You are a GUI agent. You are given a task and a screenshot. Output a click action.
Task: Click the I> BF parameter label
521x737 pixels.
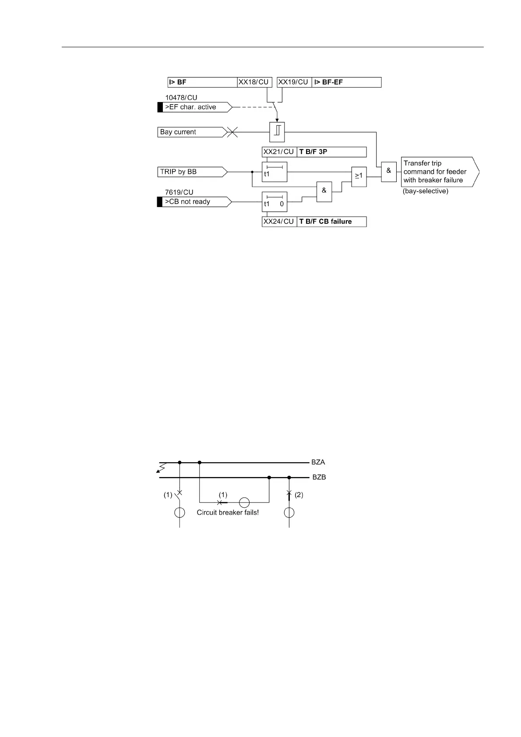[x=202, y=82]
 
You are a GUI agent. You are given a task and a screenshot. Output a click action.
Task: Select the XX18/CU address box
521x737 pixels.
[x=254, y=82]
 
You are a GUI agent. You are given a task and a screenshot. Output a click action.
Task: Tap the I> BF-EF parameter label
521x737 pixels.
[x=346, y=82]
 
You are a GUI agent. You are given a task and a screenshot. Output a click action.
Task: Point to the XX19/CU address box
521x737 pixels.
[x=294, y=82]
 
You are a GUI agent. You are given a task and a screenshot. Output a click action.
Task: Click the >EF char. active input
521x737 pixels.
[x=194, y=107]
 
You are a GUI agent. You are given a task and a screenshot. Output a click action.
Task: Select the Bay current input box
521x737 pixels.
[x=191, y=132]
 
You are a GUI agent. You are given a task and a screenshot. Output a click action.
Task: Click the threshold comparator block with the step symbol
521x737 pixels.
[x=277, y=132]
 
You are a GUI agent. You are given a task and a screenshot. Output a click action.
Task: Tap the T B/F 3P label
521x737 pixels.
[x=331, y=152]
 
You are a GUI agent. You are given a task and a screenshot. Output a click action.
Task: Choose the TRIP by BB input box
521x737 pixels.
[x=191, y=172]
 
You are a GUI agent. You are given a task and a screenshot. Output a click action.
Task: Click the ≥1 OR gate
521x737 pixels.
[x=359, y=176]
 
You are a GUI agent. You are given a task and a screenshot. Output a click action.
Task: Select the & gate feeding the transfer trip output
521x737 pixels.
[x=389, y=171]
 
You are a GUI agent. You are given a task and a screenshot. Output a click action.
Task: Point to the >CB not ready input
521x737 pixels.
[x=194, y=202]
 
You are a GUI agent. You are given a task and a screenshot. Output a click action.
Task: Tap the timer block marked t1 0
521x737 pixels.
[x=275, y=202]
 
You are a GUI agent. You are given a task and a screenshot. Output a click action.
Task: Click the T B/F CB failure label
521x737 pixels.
[x=331, y=221]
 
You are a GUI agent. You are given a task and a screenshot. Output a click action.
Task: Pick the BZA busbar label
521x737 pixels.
[x=318, y=462]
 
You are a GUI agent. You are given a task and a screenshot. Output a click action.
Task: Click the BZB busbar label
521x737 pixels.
[x=319, y=477]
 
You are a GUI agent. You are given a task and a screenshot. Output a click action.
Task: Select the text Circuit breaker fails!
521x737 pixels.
[x=228, y=512]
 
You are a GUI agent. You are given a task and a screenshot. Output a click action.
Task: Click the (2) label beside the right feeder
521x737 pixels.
[x=299, y=495]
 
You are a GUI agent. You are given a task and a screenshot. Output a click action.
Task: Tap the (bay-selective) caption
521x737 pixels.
[x=426, y=191]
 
